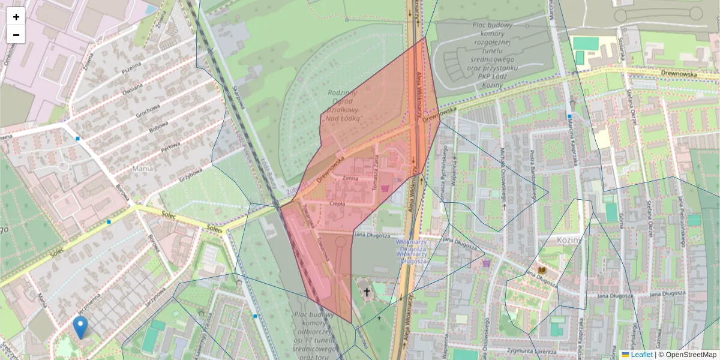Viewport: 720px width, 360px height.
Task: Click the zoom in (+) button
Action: click(16, 17)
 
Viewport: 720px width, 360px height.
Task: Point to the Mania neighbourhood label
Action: click(142, 169)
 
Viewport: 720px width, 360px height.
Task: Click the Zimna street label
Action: click(350, 178)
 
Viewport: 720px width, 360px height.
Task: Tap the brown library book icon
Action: click(542, 271)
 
